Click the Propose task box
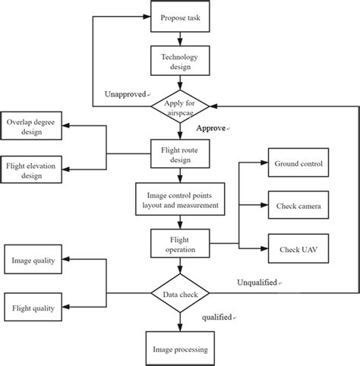pos(180,17)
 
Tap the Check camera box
pos(297,205)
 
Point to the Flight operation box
pos(180,245)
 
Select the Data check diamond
pos(180,292)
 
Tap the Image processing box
pos(180,349)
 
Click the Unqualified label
pos(258,282)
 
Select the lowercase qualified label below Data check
pos(219,317)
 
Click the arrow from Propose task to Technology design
pos(180,38)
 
